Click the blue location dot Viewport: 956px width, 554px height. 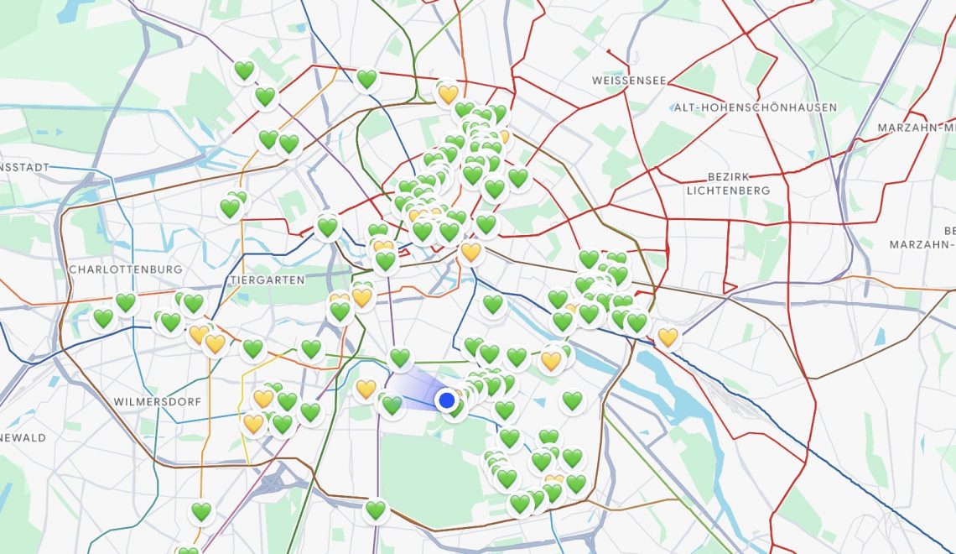click(x=447, y=400)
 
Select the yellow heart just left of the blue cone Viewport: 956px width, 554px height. click(x=366, y=389)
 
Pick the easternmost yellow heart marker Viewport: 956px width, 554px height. click(x=668, y=337)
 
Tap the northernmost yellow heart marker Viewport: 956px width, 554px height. click(x=448, y=93)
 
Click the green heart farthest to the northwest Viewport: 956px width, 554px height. click(x=244, y=71)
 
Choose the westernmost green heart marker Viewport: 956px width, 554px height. click(x=103, y=318)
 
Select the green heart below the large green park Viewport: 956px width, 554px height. click(x=375, y=509)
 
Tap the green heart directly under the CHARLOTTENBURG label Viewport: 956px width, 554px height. click(x=126, y=302)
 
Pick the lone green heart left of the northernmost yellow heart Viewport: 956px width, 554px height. click(x=366, y=79)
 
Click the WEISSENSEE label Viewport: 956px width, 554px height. click(x=629, y=81)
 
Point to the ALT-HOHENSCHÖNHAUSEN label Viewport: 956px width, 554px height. click(x=755, y=107)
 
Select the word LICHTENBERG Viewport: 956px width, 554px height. click(x=728, y=191)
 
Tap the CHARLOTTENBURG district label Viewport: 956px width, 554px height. click(x=126, y=269)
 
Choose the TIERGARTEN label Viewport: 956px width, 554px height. click(x=267, y=280)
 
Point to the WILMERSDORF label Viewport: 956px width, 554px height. click(x=158, y=402)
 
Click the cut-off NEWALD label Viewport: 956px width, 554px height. click(x=23, y=437)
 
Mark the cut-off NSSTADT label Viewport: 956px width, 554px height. click(x=25, y=167)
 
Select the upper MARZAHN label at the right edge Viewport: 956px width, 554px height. click(x=916, y=128)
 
